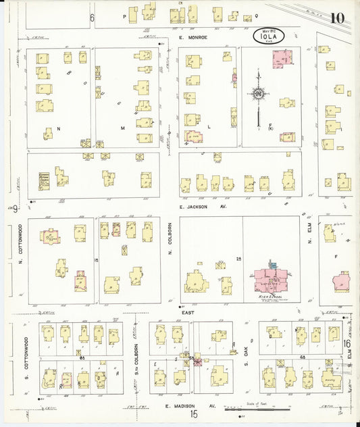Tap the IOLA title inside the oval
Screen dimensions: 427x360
point(269,37)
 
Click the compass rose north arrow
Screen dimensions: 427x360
point(259,95)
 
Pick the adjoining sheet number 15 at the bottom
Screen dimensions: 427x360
point(194,415)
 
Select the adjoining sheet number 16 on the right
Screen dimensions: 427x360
point(346,345)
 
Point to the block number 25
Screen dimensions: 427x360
point(238,258)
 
